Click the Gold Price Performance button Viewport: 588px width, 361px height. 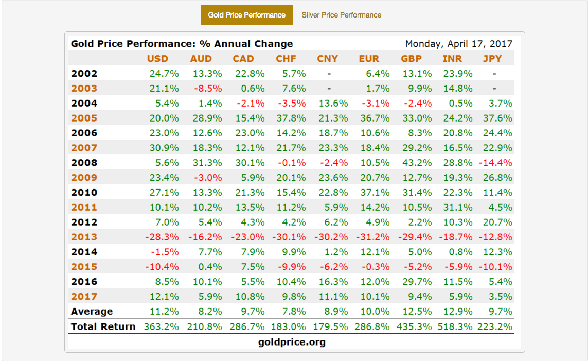(x=246, y=15)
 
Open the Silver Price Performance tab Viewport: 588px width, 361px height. (x=341, y=15)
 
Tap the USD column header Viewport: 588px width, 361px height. (x=157, y=59)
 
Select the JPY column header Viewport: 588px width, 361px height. (x=492, y=59)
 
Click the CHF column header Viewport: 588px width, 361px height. (x=286, y=59)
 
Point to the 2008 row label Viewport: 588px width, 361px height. (x=84, y=163)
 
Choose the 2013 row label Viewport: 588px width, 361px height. (x=84, y=237)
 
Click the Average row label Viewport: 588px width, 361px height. (x=92, y=312)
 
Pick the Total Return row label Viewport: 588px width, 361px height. (x=103, y=326)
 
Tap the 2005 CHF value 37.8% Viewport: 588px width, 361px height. (x=292, y=118)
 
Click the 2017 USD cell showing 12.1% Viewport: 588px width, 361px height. (x=165, y=297)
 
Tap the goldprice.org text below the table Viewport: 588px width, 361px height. (x=291, y=342)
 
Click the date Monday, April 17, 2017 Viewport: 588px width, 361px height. (x=458, y=44)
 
